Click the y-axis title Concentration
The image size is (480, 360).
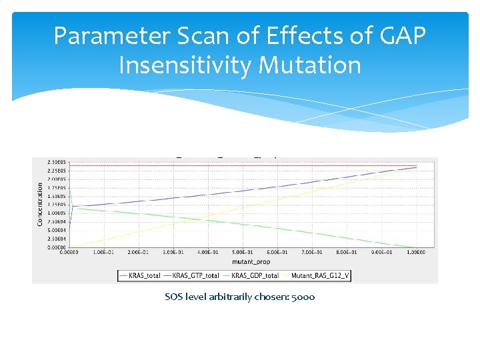(x=39, y=203)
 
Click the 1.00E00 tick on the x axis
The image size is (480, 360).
(x=416, y=252)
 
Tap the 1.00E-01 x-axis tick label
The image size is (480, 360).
(x=103, y=252)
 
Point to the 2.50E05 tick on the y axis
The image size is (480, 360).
(x=57, y=162)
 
